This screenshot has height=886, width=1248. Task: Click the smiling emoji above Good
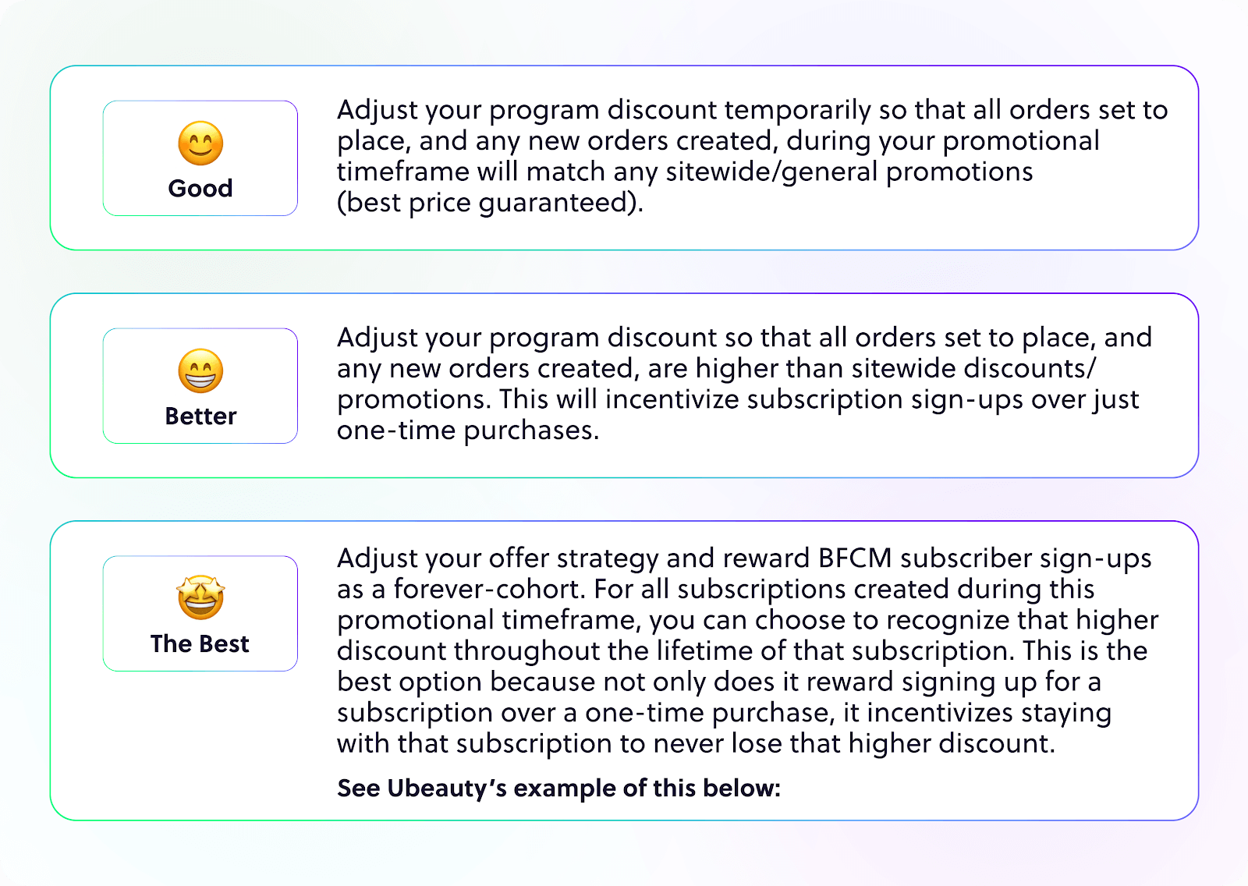click(200, 144)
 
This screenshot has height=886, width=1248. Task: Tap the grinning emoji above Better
click(200, 370)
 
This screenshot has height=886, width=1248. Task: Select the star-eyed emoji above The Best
click(200, 597)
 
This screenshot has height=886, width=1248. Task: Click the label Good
click(200, 188)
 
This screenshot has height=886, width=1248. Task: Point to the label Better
click(200, 416)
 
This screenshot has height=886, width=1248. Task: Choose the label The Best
click(200, 643)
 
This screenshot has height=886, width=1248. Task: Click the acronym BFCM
click(855, 558)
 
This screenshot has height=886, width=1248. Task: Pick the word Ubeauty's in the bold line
click(446, 789)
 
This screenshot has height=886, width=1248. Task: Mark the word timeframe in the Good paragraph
click(402, 172)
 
